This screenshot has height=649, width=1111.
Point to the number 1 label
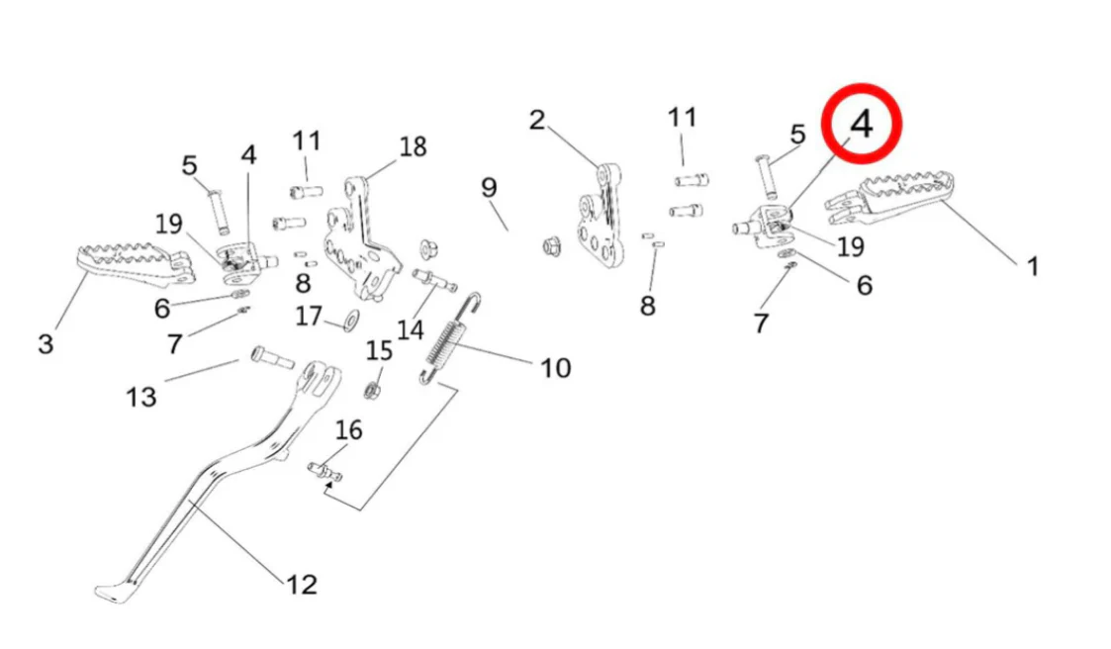(1032, 266)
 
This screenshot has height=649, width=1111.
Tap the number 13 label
(141, 397)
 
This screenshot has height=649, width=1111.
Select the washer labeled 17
(350, 322)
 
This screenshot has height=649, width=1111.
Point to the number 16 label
(349, 430)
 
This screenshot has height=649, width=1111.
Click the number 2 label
(536, 121)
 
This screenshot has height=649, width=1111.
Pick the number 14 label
(411, 328)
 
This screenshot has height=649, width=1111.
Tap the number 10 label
(555, 368)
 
